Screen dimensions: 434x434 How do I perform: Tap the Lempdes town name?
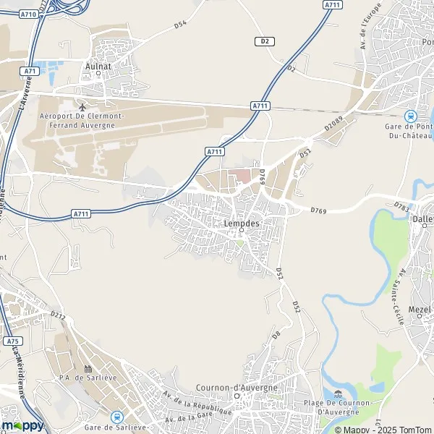tap(241, 224)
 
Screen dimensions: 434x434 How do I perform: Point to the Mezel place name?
tap(419, 309)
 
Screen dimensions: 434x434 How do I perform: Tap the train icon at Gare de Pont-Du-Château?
tap(410, 116)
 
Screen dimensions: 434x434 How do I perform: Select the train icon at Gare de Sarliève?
tap(116, 417)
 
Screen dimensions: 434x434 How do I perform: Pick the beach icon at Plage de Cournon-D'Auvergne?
tap(339, 393)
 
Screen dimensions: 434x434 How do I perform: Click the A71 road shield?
tap(30, 71)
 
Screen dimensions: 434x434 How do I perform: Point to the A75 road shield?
tap(11, 341)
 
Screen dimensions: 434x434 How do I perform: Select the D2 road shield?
tap(265, 41)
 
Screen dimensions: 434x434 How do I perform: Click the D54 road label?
tap(180, 25)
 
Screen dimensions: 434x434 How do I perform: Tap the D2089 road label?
tap(332, 124)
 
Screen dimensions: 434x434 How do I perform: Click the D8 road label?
tap(276, 334)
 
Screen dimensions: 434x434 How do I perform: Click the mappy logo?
tap(22, 425)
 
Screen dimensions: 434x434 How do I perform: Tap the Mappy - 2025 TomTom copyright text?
tap(378, 429)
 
